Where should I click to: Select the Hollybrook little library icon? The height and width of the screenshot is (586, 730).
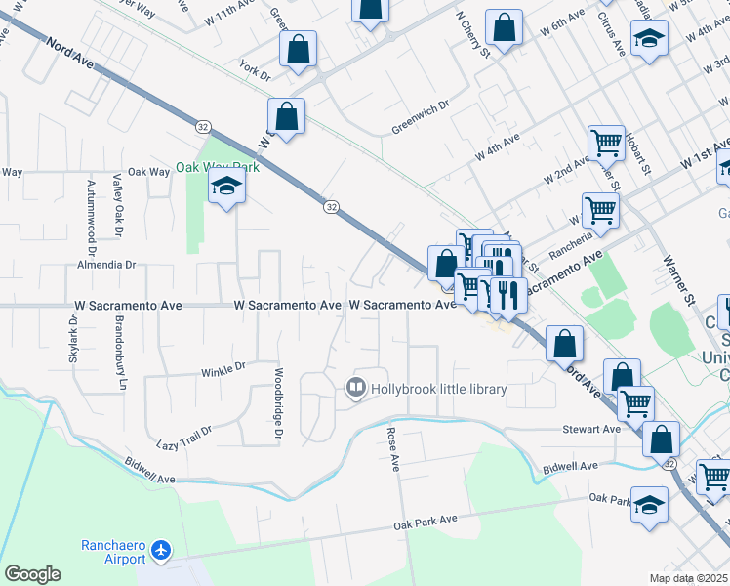[355, 389]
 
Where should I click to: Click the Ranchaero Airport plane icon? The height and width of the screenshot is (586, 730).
[162, 552]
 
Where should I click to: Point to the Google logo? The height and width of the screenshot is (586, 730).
[32, 574]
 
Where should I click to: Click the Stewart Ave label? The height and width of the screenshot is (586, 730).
[591, 429]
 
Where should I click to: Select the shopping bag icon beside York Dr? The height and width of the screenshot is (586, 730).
[298, 48]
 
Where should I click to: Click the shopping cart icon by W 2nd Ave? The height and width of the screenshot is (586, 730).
[606, 143]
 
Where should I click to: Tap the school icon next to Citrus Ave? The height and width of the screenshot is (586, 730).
[649, 40]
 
